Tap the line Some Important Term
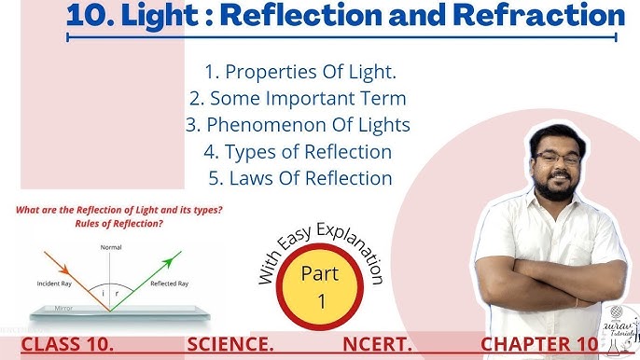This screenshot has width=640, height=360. click(x=298, y=98)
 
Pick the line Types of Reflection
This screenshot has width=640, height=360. click(x=298, y=150)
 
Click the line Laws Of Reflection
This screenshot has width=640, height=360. click(x=298, y=176)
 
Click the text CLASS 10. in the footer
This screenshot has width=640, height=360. click(x=68, y=345)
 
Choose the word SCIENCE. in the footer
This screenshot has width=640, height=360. click(x=230, y=345)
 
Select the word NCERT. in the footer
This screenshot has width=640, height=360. click(x=378, y=345)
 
